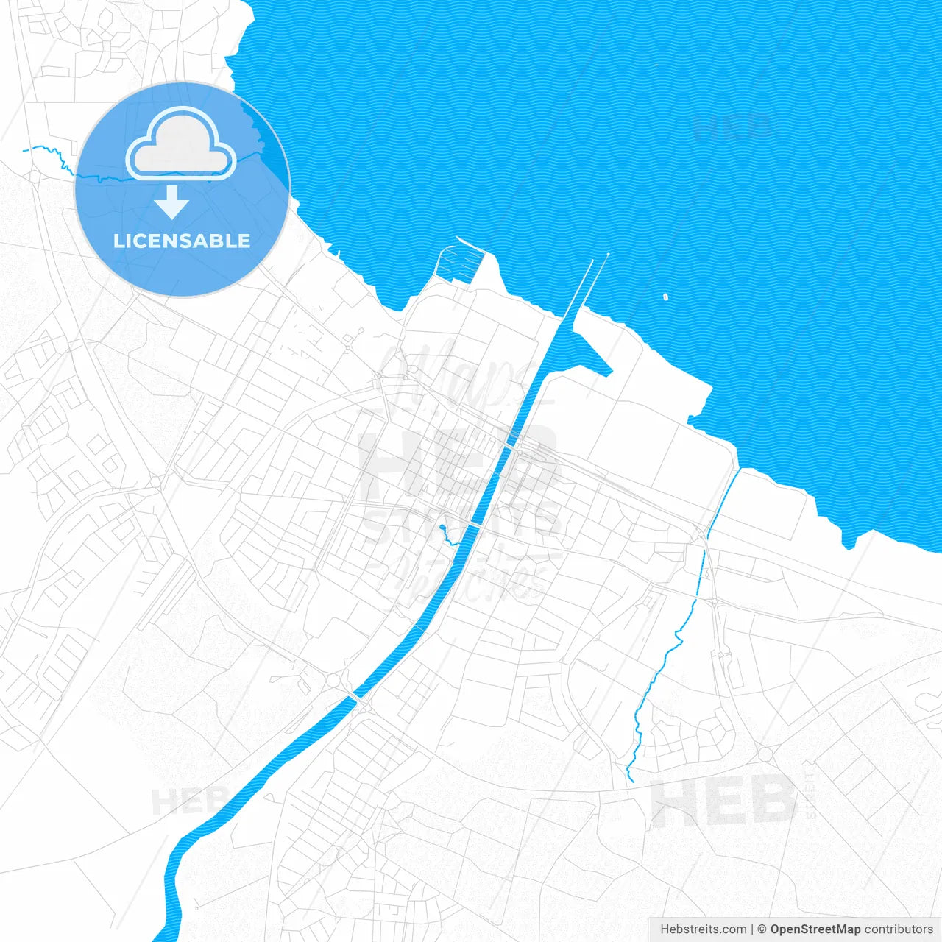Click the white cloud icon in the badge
tap(180, 144)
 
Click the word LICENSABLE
tap(182, 241)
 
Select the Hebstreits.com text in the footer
tap(703, 929)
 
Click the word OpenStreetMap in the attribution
tap(815, 929)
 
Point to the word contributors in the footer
tap(898, 929)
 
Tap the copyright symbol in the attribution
tap(762, 929)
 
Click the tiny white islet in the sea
tap(665, 297)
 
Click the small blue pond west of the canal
tap(442, 528)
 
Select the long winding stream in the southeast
tap(662, 662)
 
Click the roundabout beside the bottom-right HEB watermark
tap(765, 754)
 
